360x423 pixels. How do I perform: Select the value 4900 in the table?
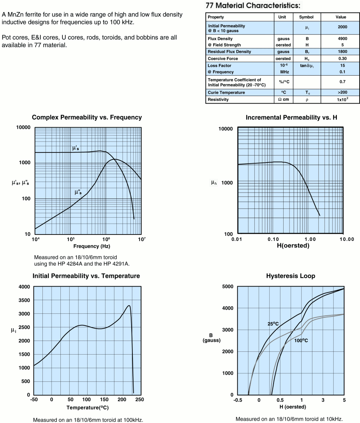342,39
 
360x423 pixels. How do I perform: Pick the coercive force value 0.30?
342,58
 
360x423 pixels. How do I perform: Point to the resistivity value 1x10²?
342,100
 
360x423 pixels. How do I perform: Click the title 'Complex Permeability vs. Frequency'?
87,117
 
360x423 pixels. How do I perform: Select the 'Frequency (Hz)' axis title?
88,246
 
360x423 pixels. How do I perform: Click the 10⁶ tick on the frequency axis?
106,239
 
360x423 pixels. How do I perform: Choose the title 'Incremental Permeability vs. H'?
291,117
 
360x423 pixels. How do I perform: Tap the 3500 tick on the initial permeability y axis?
25,300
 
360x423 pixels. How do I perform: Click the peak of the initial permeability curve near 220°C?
129,306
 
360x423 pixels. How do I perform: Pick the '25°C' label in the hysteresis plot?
274,323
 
